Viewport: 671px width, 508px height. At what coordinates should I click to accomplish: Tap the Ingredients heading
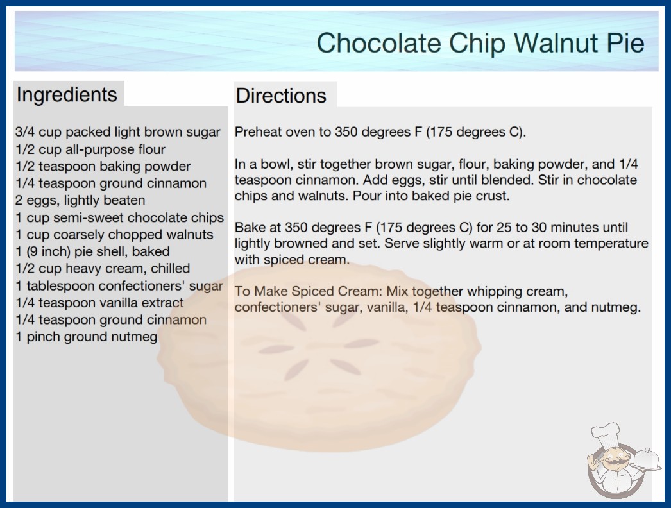pyautogui.click(x=67, y=95)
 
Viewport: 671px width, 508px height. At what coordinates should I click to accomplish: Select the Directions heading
pyautogui.click(x=281, y=96)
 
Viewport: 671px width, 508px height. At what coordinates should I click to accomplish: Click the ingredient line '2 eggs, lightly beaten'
pyautogui.click(x=80, y=200)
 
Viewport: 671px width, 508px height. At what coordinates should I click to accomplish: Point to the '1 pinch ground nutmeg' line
pyautogui.click(x=87, y=337)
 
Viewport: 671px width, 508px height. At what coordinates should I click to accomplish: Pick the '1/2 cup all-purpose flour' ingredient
pyautogui.click(x=90, y=149)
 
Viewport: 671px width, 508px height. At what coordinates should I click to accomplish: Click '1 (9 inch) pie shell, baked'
pyautogui.click(x=92, y=251)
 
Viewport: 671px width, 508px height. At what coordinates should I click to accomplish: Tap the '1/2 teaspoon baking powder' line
pyautogui.click(x=103, y=166)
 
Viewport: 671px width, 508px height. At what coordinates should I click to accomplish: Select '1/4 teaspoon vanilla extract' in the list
pyautogui.click(x=99, y=303)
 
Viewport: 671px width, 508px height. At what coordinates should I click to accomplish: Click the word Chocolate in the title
pyautogui.click(x=378, y=43)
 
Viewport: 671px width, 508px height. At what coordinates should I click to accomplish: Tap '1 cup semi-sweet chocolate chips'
pyautogui.click(x=120, y=217)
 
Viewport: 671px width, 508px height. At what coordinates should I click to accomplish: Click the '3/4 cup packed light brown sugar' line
pyautogui.click(x=117, y=132)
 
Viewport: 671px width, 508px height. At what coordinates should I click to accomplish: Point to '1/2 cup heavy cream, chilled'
pyautogui.click(x=103, y=268)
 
